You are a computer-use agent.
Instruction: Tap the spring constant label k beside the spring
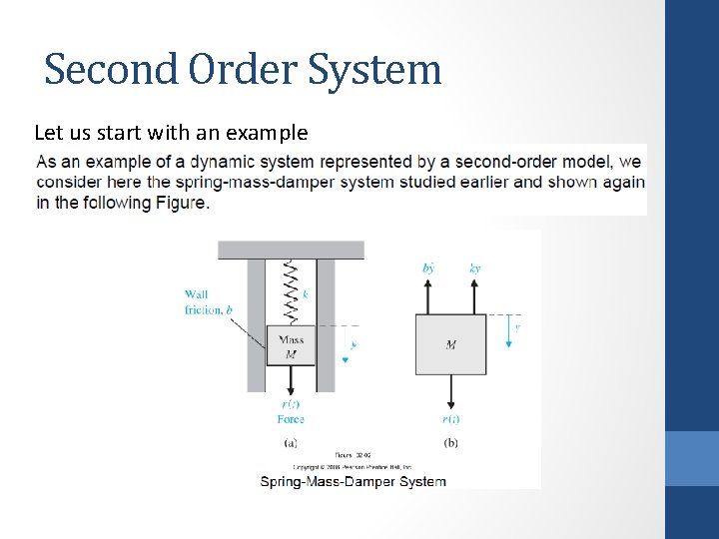coord(306,293)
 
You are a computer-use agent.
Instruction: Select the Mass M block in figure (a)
coord(292,345)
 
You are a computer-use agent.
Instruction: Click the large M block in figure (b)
coord(451,344)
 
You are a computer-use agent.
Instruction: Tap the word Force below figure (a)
coord(291,419)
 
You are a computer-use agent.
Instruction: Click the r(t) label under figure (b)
coord(451,419)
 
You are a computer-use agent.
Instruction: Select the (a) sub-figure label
coord(291,442)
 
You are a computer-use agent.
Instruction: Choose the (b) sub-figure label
coord(451,442)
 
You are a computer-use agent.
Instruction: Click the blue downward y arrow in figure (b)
coord(508,332)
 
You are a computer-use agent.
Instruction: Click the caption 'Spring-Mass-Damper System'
coord(354,481)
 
